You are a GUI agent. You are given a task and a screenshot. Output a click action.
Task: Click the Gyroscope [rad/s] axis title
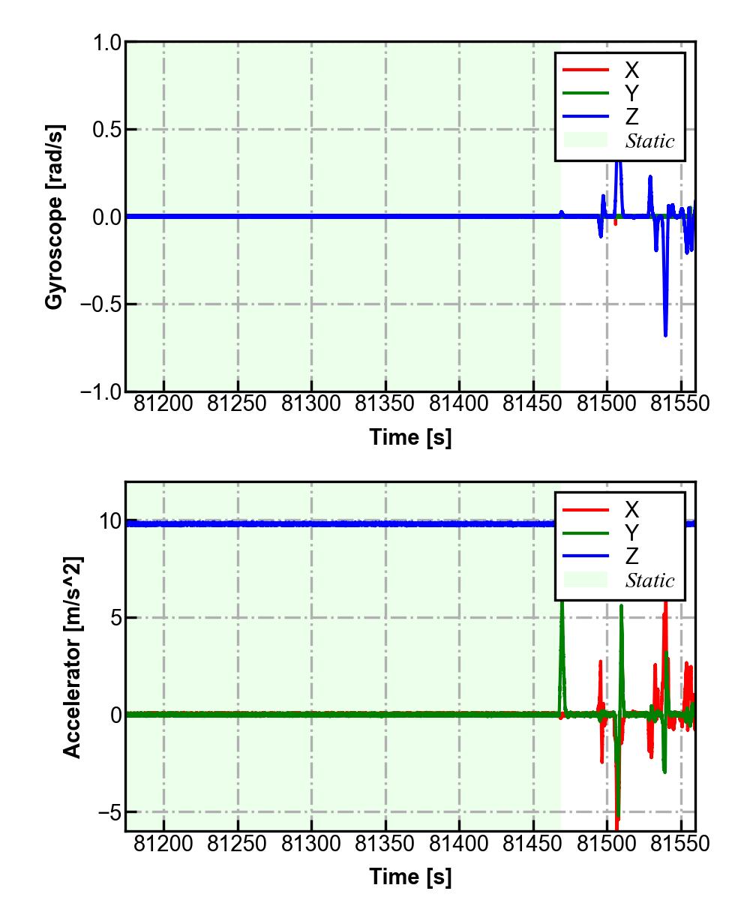click(x=54, y=216)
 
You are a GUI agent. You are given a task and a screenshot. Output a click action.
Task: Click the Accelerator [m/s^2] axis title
click(x=72, y=656)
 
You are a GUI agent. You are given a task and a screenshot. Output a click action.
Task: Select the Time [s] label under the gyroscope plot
click(x=410, y=437)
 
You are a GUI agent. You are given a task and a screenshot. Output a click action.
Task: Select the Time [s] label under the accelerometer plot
click(x=410, y=876)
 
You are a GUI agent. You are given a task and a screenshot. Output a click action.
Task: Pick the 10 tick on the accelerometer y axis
click(x=111, y=521)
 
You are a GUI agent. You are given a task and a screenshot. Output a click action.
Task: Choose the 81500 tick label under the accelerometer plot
click(x=607, y=844)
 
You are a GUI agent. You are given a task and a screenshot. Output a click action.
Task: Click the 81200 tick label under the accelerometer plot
click(x=163, y=844)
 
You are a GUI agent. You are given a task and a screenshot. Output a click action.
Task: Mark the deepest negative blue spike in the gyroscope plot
click(x=665, y=334)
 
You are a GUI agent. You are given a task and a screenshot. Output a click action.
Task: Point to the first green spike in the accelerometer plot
click(x=562, y=607)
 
